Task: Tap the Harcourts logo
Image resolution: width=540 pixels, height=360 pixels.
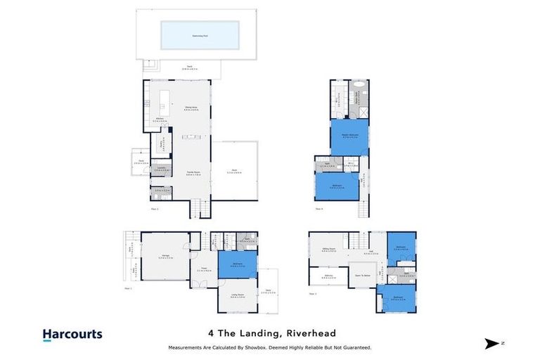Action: pos(72,335)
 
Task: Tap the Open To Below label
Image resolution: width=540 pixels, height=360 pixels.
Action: pos(364,276)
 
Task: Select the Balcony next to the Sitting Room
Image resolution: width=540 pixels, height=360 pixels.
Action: pos(328,276)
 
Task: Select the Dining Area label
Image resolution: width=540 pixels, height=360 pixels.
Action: pos(191,108)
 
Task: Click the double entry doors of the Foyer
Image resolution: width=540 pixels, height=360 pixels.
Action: pos(202,283)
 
